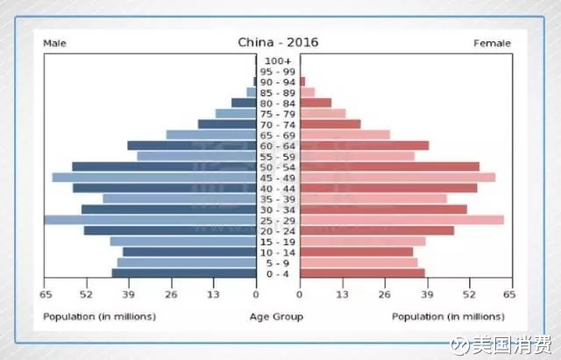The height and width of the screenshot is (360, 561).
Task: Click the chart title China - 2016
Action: coord(278,42)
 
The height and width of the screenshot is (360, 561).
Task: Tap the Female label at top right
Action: coord(492,43)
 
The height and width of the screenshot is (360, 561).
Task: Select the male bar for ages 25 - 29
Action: coord(150,220)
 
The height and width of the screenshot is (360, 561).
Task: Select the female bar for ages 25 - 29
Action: coord(401,220)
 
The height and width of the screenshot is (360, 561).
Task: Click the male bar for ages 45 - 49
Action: coord(154,177)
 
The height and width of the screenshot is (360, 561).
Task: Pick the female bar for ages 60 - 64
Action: coord(364,145)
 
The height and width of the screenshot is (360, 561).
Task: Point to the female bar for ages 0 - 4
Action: coord(362,273)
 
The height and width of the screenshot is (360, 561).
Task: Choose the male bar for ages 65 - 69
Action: coord(210,135)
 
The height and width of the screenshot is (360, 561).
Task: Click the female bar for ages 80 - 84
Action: coord(316,102)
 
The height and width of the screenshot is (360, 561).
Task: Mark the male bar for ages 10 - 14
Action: coord(189,251)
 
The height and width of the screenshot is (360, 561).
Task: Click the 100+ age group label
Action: coord(277,60)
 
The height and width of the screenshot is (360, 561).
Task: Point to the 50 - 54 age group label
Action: coord(277,166)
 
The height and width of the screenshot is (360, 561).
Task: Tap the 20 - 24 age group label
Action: coord(277,230)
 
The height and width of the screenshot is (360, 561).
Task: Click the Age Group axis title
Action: coord(277,316)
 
